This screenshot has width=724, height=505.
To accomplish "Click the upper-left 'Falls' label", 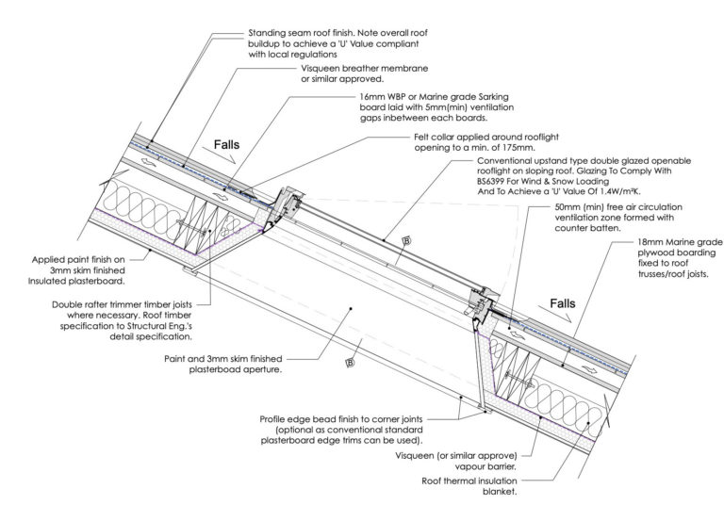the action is coord(226,144).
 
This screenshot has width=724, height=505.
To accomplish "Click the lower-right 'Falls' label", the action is coord(563,303).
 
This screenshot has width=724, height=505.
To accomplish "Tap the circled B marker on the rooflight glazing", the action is coord(407,240).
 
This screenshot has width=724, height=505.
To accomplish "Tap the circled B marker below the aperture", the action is coord(350,364).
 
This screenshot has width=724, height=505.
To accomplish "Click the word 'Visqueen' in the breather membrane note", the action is coord(320,69).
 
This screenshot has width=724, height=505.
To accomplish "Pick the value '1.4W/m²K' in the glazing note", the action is coord(619,191).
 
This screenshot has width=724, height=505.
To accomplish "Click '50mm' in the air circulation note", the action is coord(567,206).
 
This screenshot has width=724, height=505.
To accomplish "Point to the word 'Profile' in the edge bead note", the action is coord(273,419).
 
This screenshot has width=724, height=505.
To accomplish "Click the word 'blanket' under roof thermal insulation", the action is coord(500,492).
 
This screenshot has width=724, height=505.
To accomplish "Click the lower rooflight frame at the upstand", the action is coord(482,304).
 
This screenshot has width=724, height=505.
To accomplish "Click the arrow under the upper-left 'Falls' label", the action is coord(220,155).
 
